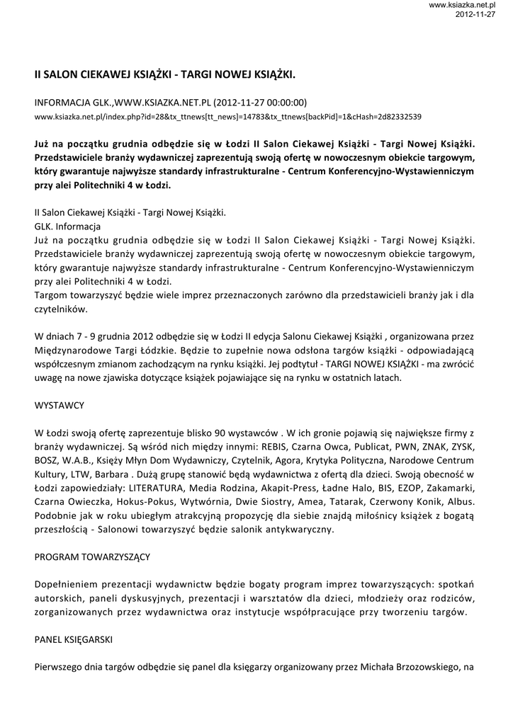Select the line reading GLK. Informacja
tap(67, 227)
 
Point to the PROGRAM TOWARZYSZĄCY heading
tap(92, 557)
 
